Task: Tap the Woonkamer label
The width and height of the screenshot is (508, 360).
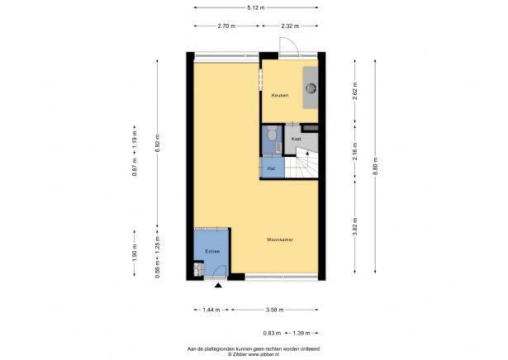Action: coord(281,240)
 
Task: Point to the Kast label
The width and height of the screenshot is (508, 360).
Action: coord(295,140)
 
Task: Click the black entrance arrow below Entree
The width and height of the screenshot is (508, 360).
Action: coord(218,286)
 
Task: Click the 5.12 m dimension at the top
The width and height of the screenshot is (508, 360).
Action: coord(254,7)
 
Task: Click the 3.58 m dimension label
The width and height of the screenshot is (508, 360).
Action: coord(275,310)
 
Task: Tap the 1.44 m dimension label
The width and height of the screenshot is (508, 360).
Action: coord(211,310)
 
